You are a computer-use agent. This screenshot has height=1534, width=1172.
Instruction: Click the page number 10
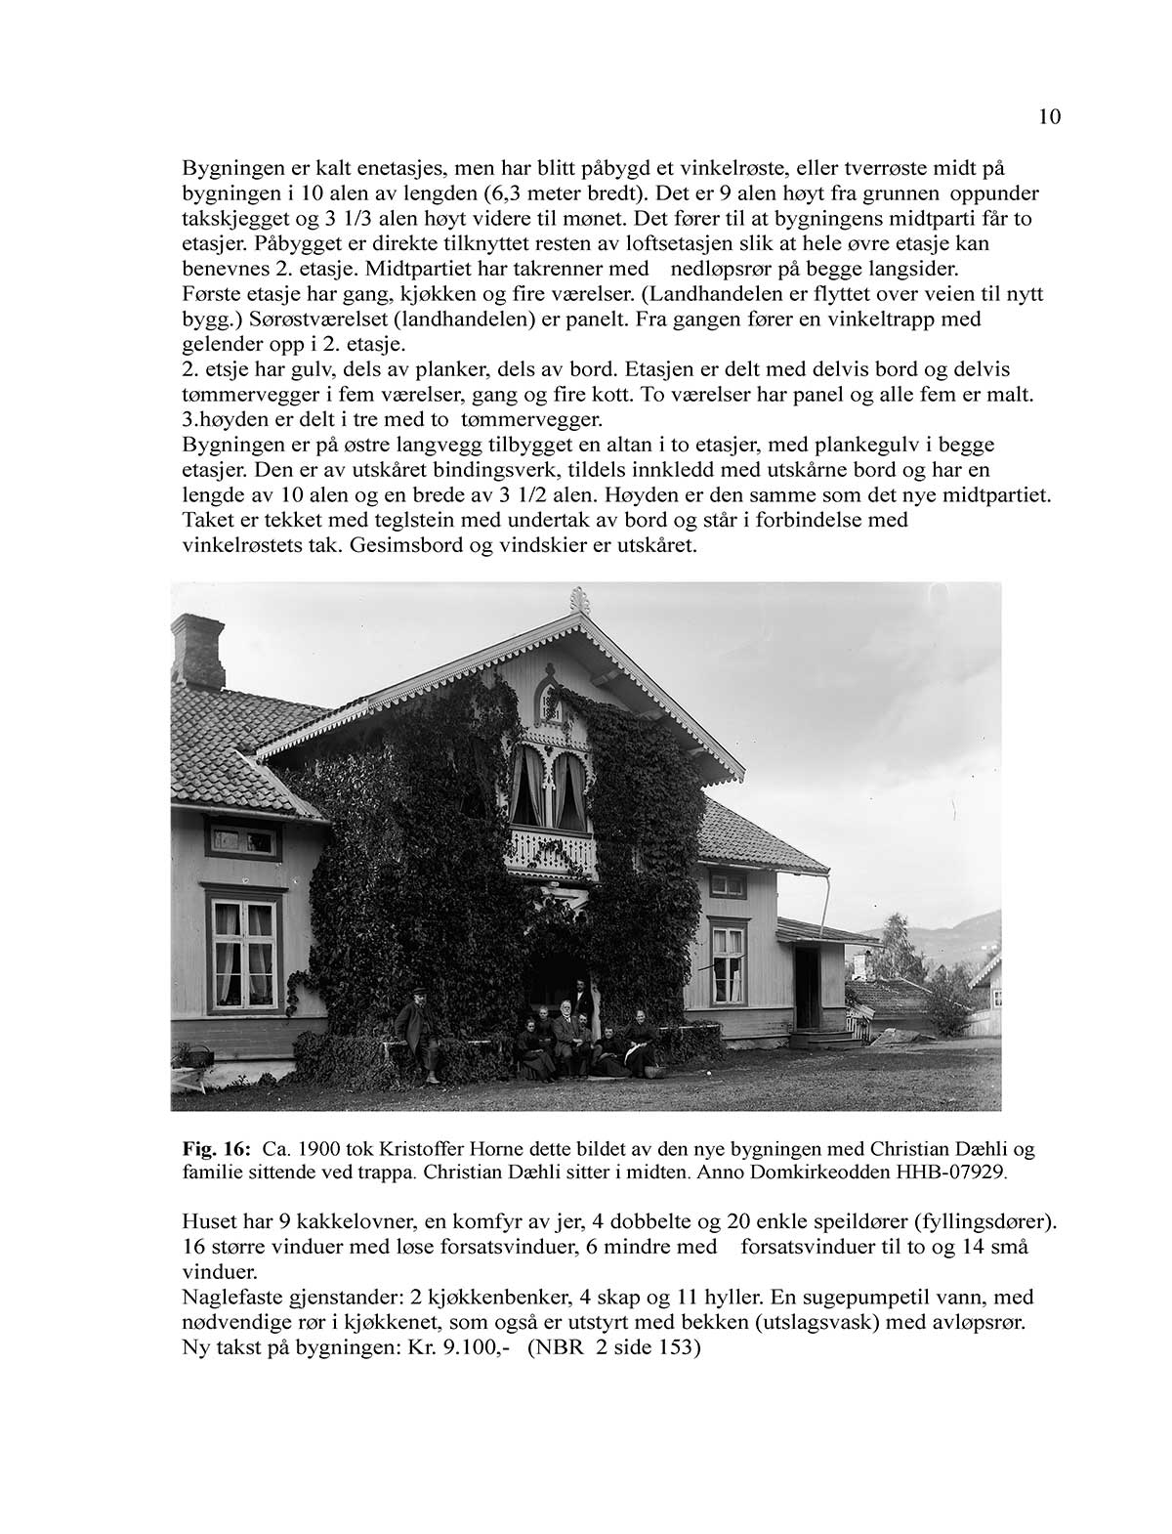(1049, 118)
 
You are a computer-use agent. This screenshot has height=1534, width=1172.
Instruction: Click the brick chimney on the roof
(197, 652)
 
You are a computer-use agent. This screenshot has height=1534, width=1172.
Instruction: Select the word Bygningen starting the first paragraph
(230, 167)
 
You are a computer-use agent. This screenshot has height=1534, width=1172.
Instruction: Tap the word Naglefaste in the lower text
(230, 1299)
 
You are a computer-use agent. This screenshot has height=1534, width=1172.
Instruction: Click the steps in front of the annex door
(814, 1037)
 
